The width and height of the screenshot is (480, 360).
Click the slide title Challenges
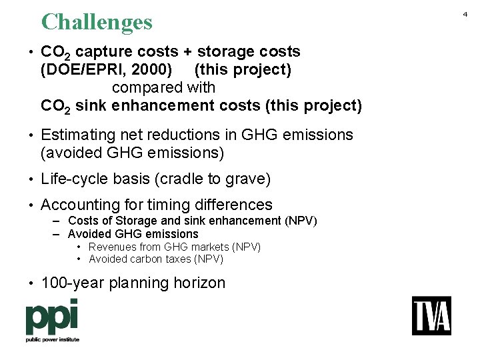pyautogui.click(x=97, y=22)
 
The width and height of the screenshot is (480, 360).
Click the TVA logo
pyautogui.click(x=431, y=315)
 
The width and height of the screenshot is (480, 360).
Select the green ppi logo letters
pyautogui.click(x=52, y=317)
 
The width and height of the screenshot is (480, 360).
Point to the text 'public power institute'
pyautogui.click(x=52, y=339)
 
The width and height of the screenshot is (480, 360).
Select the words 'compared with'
pyautogui.click(x=163, y=87)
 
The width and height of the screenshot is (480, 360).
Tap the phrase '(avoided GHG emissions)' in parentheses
pyautogui.click(x=132, y=153)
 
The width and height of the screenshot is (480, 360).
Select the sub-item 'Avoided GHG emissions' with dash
pyautogui.click(x=133, y=234)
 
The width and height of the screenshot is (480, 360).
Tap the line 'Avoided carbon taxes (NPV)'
pyautogui.click(x=156, y=259)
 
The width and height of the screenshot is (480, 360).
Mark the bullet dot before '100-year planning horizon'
pyautogui.click(x=31, y=283)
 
